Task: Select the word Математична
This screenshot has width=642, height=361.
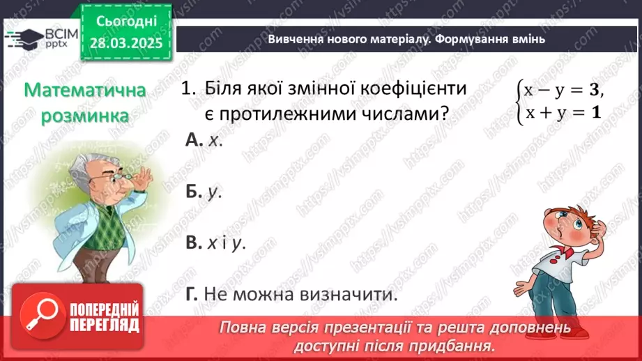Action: click(x=84, y=90)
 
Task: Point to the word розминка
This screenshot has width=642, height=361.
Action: click(x=84, y=115)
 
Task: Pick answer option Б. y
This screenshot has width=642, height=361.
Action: click(x=204, y=192)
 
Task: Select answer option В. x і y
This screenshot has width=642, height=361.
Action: click(x=215, y=243)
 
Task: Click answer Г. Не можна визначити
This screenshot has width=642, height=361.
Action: click(x=291, y=295)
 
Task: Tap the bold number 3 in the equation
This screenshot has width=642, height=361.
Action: click(x=593, y=90)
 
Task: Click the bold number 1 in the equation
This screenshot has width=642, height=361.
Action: click(x=595, y=111)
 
